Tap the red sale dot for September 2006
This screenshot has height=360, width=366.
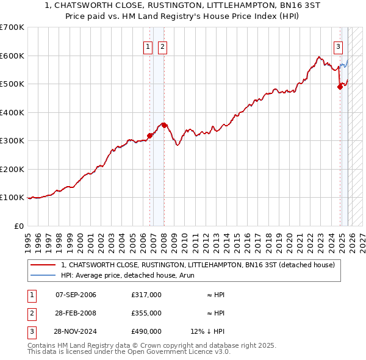(149, 136)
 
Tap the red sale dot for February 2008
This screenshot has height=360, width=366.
(164, 125)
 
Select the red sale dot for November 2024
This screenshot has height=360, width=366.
(340, 87)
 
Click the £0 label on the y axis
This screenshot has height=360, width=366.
(18, 226)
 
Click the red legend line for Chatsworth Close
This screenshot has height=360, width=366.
(43, 265)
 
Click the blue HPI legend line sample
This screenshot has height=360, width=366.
(43, 275)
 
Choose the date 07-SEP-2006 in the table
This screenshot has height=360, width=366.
(76, 295)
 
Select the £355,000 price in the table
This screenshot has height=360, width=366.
(146, 313)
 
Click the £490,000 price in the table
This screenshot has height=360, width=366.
(146, 331)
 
